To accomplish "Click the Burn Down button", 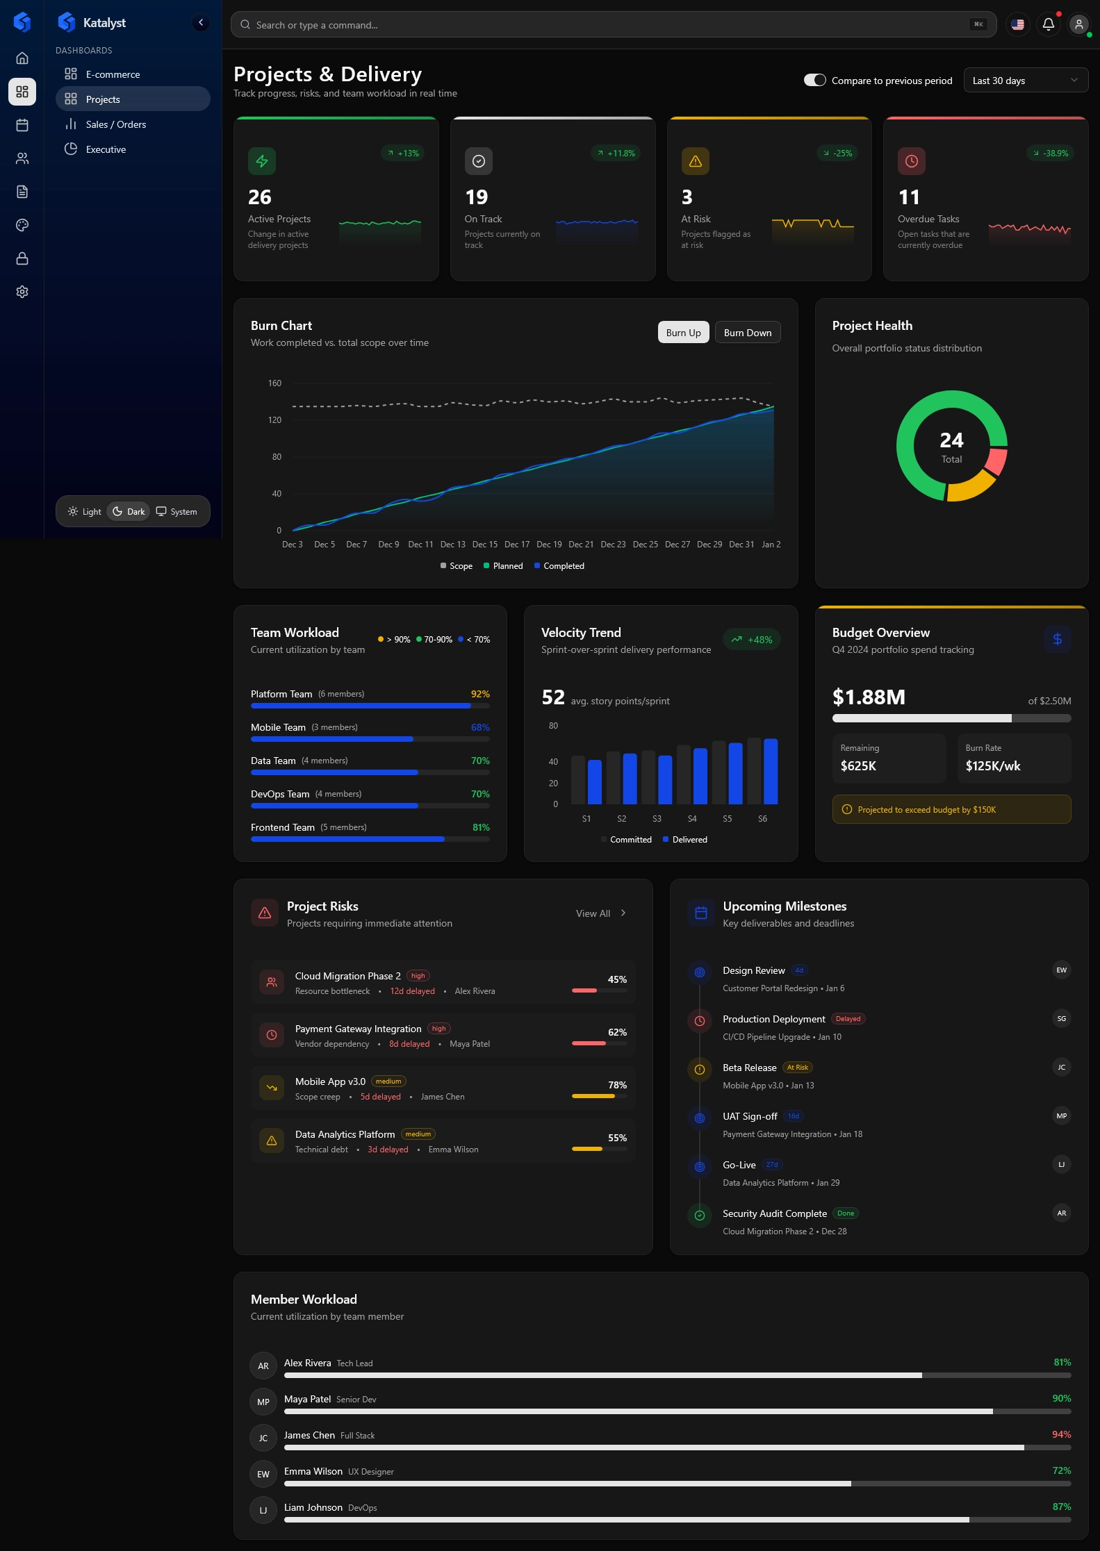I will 747,333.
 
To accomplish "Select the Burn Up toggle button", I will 683,333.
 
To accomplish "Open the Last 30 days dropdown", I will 1025,81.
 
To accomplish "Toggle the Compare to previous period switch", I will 814,81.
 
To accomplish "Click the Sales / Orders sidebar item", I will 115,124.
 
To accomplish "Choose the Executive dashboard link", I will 106,149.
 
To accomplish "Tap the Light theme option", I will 85,512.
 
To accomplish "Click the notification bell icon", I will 1048,24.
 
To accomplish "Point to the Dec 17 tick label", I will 516,545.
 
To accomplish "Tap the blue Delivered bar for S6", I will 770,771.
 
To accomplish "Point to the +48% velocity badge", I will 752,640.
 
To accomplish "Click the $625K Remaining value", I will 858,766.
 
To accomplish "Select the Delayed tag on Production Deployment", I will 848,1019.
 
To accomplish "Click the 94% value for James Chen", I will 1061,1434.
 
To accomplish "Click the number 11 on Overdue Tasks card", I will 908,198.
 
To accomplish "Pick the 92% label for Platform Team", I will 480,694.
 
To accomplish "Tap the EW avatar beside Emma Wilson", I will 263,1474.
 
